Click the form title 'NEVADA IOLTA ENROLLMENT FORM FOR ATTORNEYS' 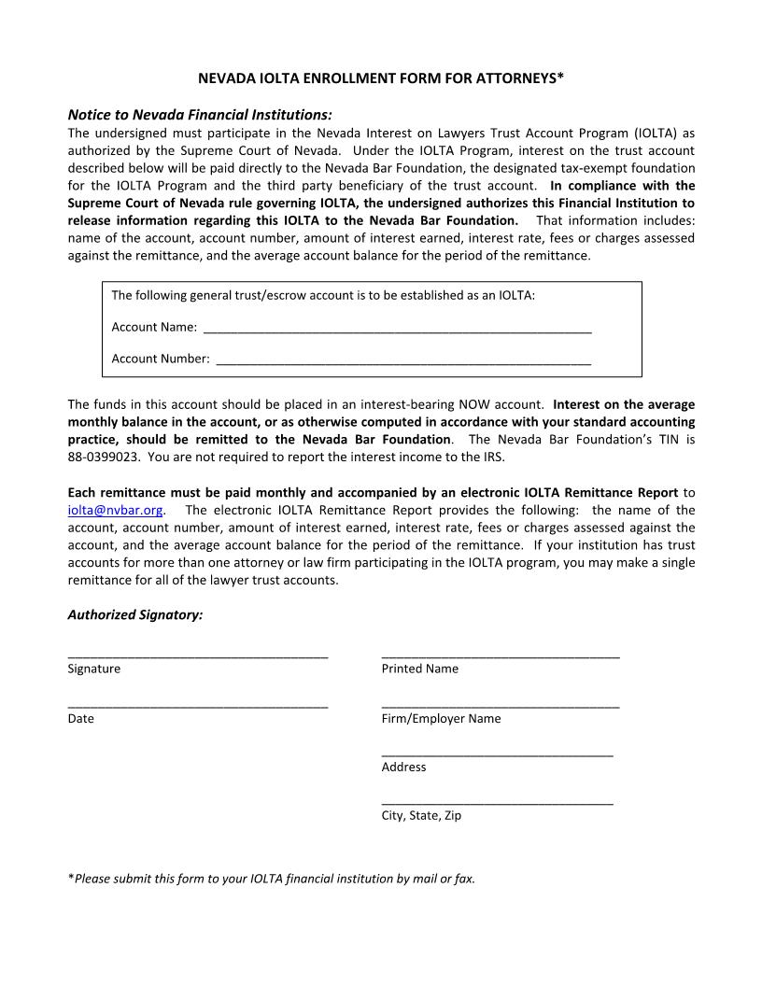pos(381,79)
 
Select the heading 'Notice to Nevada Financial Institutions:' pos(200,115)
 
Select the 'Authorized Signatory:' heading pos(135,615)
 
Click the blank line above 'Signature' pos(198,657)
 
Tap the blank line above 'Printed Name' pos(501,657)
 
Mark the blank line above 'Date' pos(198,707)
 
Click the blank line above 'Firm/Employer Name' pos(501,707)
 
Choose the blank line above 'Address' pos(497,754)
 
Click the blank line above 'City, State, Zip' pos(497,803)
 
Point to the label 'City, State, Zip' pos(421,816)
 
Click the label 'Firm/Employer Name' pos(441,719)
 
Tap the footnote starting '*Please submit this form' pos(272,879)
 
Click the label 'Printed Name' pos(420,669)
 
